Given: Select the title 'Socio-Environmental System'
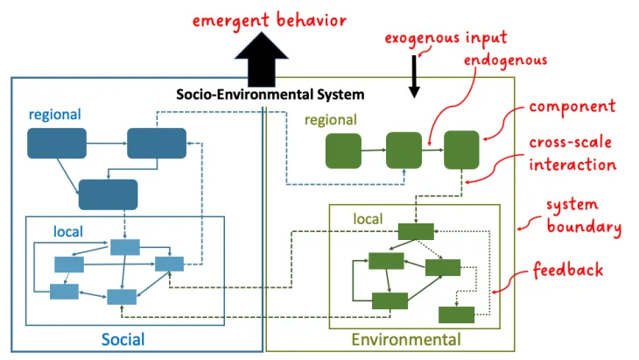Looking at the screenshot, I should tap(269, 94).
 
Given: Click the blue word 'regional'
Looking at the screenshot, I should tap(55, 115).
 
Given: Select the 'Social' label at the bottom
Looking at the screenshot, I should tap(123, 339).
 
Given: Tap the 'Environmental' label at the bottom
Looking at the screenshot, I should tap(406, 339).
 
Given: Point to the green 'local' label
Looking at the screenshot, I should tap(368, 217).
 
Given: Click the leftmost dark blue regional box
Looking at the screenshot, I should tap(57, 143).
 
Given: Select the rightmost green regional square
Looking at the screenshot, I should tap(461, 150).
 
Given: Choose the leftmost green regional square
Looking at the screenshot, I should tap(343, 151).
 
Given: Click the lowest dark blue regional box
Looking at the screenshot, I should tap(108, 194).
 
